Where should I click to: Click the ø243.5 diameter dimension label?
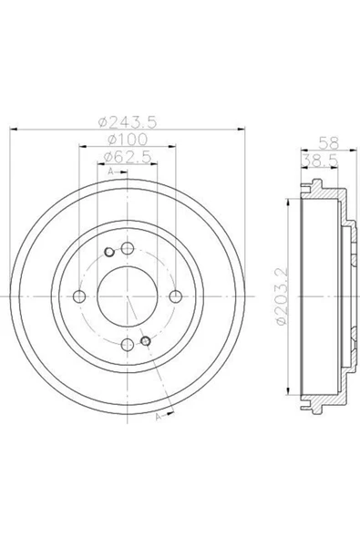coord(128,122)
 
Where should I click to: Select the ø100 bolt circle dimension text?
coord(128,140)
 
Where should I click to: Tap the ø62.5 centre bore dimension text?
coord(128,157)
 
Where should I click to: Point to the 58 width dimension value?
coord(329,142)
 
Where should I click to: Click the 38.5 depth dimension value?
coord(320,161)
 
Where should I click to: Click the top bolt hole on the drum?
coord(128,247)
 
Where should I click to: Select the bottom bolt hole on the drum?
coord(128,345)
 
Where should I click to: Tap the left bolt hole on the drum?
coord(79,296)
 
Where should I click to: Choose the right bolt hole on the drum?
coord(176,296)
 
